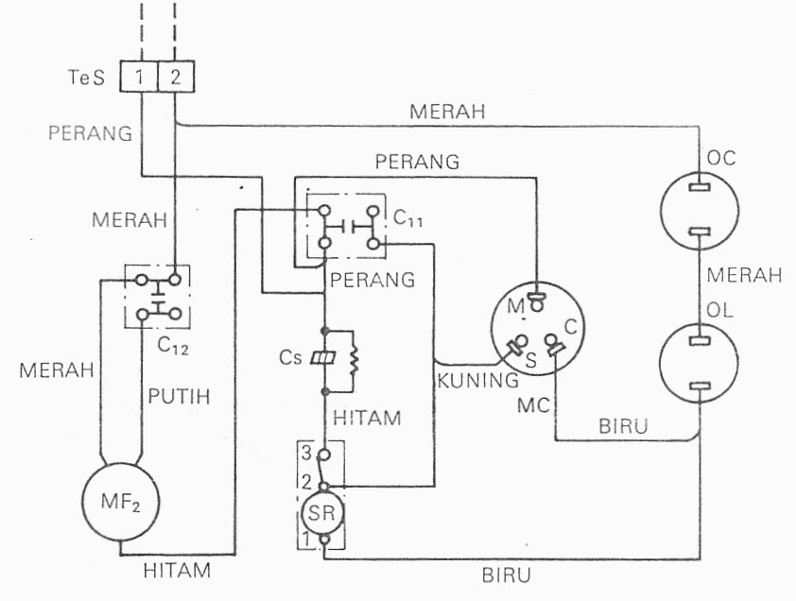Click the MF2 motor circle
(x=121, y=499)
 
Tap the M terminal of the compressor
(x=536, y=302)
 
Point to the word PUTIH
(x=180, y=397)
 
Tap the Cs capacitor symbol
(x=324, y=360)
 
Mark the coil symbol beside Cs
(x=356, y=360)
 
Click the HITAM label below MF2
(x=177, y=570)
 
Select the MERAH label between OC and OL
(x=745, y=276)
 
